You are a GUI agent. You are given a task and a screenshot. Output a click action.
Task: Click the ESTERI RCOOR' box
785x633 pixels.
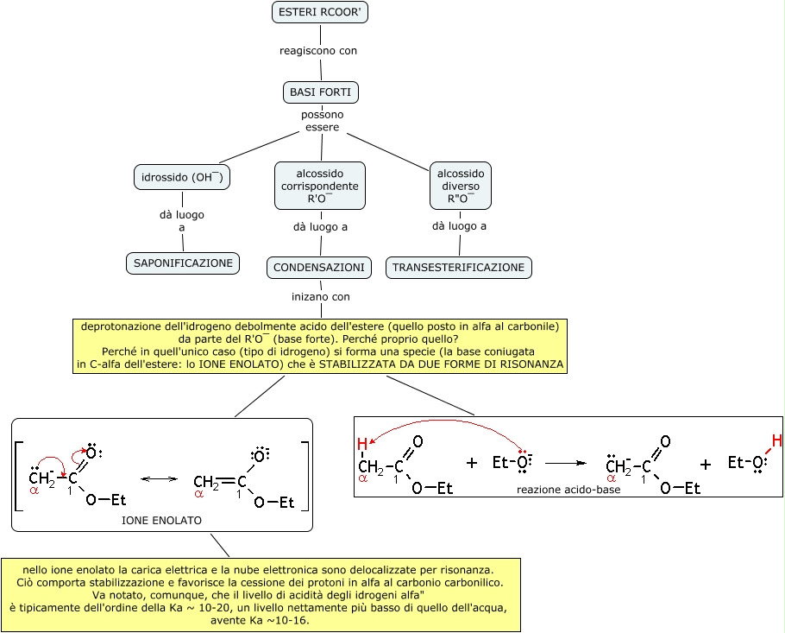pos(321,13)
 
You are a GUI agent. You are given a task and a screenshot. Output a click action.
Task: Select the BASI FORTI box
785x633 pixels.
pos(321,92)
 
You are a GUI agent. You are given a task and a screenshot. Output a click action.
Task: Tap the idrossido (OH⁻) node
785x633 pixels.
pos(182,178)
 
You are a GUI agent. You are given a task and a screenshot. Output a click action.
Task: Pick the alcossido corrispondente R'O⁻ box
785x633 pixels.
pos(320,186)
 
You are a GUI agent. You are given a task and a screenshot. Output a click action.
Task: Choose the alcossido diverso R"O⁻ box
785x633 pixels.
pos(461,186)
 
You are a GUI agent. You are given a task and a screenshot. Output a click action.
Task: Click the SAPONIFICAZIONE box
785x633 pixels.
pos(182,263)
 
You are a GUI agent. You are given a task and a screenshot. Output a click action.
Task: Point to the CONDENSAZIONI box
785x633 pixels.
pos(319,268)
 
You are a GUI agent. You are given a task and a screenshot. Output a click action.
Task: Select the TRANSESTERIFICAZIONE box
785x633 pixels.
pos(458,268)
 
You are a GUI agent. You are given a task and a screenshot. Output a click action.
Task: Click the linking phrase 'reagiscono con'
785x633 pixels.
pos(318,51)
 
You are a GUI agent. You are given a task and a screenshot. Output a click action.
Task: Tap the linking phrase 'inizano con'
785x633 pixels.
pos(321,296)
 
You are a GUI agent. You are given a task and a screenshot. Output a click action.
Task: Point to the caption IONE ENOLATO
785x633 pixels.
pos(161,521)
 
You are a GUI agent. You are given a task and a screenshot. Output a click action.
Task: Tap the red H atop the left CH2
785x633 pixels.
pos(362,445)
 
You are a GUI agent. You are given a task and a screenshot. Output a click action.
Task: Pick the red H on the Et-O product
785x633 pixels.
pos(776,441)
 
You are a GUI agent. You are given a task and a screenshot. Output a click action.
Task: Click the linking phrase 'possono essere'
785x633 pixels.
pos(322,121)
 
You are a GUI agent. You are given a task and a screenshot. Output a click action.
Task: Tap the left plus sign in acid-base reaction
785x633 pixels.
pos(472,463)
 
